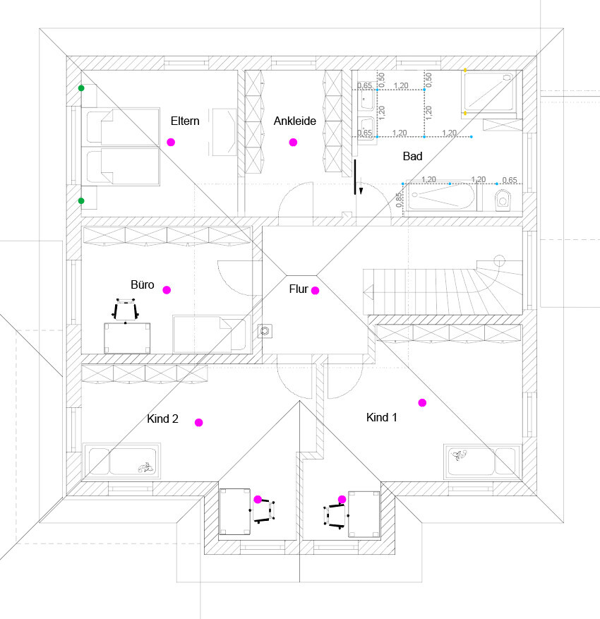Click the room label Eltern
pos(185,121)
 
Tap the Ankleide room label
pos(294,121)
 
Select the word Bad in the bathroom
pos(412,156)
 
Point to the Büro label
pos(143,285)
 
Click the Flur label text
pos(299,289)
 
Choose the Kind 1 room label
pos(381,417)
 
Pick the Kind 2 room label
pos(162,419)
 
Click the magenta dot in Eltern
pos(170,142)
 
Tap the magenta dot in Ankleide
pos(293,143)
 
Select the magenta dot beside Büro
pos(167,289)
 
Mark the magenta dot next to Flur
pos(315,290)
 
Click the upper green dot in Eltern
pos(81,88)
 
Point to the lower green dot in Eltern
pos(81,201)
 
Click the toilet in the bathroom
pos(502,200)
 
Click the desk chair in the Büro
pos(126,311)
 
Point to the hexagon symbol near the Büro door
pos(265,330)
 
